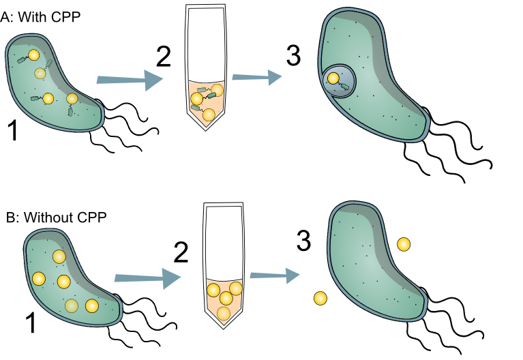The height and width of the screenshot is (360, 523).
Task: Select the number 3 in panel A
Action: [293, 58]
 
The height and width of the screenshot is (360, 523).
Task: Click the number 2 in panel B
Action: [181, 253]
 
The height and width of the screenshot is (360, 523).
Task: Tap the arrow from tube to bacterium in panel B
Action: [273, 275]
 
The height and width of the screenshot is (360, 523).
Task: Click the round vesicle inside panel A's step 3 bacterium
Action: [338, 82]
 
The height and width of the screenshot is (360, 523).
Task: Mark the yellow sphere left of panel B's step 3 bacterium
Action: [318, 298]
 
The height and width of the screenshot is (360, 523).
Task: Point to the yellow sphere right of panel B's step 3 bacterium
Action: [403, 243]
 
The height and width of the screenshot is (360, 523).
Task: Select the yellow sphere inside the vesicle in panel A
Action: [332, 79]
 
